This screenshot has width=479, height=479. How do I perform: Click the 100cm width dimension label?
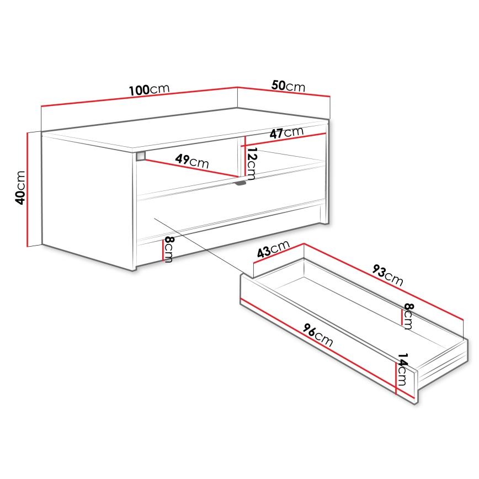[x=148, y=89]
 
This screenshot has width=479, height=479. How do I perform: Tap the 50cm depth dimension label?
[x=288, y=86]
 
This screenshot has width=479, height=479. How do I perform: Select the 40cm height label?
[x=20, y=187]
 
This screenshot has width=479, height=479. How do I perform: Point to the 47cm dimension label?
[x=286, y=132]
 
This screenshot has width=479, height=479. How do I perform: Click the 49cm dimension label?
[x=191, y=162]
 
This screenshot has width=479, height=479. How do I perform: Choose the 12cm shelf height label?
[x=251, y=163]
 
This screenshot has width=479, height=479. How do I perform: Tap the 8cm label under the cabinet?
[x=168, y=249]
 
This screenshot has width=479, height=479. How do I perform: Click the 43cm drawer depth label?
[x=273, y=250]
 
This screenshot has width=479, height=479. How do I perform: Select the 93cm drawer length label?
[x=387, y=275]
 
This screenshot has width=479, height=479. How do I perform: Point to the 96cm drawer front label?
[x=318, y=334]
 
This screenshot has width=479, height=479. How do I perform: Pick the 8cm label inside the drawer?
[x=408, y=316]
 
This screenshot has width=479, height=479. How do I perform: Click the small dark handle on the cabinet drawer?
[x=240, y=183]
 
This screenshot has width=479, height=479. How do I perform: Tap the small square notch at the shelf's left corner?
[x=141, y=156]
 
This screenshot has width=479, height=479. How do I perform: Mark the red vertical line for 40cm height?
[x=27, y=189]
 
